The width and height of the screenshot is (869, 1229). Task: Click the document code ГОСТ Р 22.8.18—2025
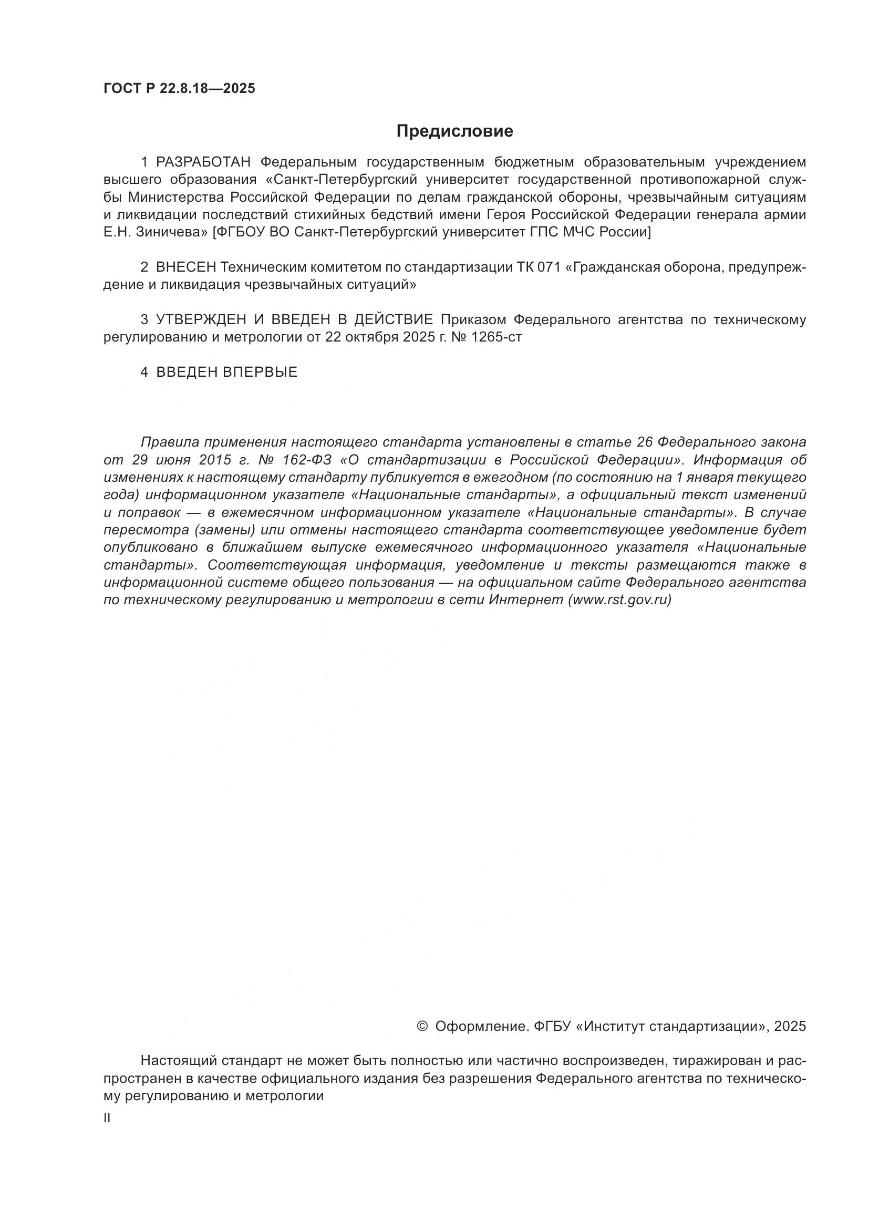[x=179, y=89]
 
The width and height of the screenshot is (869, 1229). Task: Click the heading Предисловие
[x=455, y=131]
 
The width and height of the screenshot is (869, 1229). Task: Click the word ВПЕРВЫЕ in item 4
[x=260, y=373]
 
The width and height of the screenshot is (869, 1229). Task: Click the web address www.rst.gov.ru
[x=619, y=600]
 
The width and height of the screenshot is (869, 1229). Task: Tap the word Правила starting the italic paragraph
[x=170, y=442]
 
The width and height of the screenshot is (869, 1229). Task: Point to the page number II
[x=107, y=1118]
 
